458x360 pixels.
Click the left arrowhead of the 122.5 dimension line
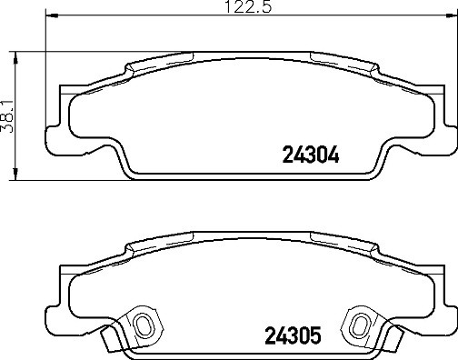(49, 16)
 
